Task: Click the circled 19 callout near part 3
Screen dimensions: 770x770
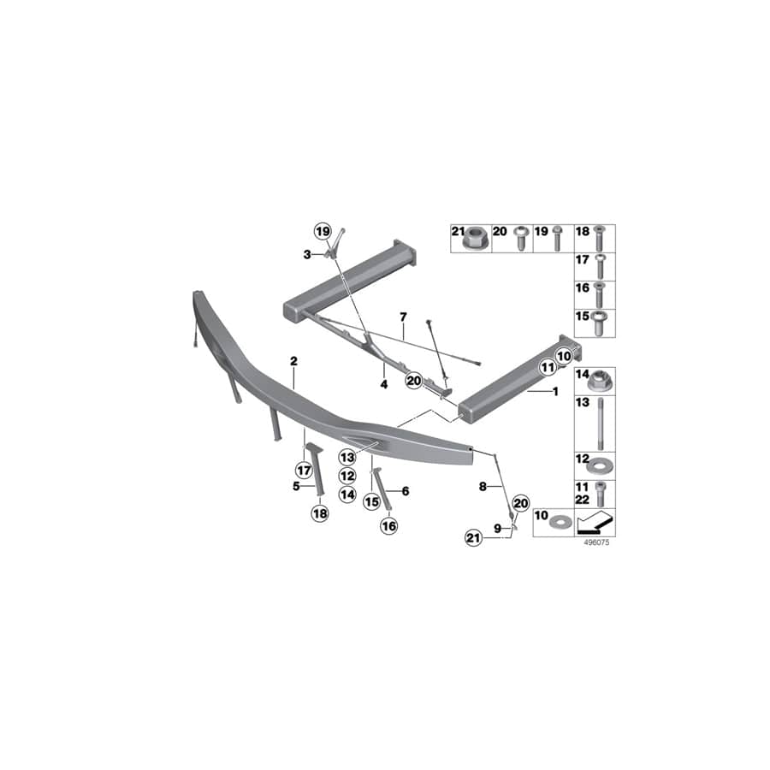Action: [x=322, y=232]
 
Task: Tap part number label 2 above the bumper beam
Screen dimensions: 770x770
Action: [x=293, y=362]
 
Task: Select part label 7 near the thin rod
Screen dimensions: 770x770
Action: [x=402, y=317]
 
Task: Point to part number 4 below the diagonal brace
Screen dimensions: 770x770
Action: [x=384, y=385]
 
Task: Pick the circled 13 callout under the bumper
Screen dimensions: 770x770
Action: [x=346, y=458]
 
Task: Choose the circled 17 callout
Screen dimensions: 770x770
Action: [x=303, y=469]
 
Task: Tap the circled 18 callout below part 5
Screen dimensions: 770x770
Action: [x=319, y=512]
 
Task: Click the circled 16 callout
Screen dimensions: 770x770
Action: [x=389, y=526]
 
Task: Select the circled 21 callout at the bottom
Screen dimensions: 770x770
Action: [x=473, y=537]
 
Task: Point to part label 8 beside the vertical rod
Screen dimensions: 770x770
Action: [x=483, y=486]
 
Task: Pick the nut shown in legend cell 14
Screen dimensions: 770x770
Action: [x=601, y=377]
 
